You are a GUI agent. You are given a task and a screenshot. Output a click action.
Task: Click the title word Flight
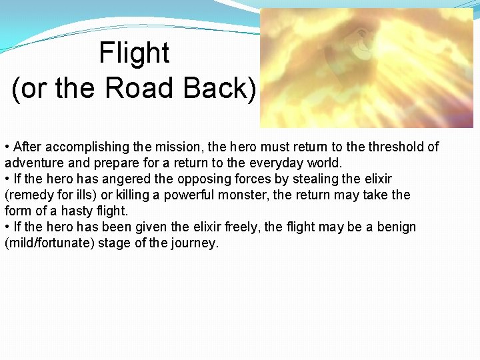click(x=134, y=53)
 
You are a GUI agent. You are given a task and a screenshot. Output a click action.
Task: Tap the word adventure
click(x=31, y=163)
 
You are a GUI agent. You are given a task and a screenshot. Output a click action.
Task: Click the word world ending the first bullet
click(x=325, y=163)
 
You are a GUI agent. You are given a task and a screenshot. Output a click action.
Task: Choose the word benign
click(x=395, y=227)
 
